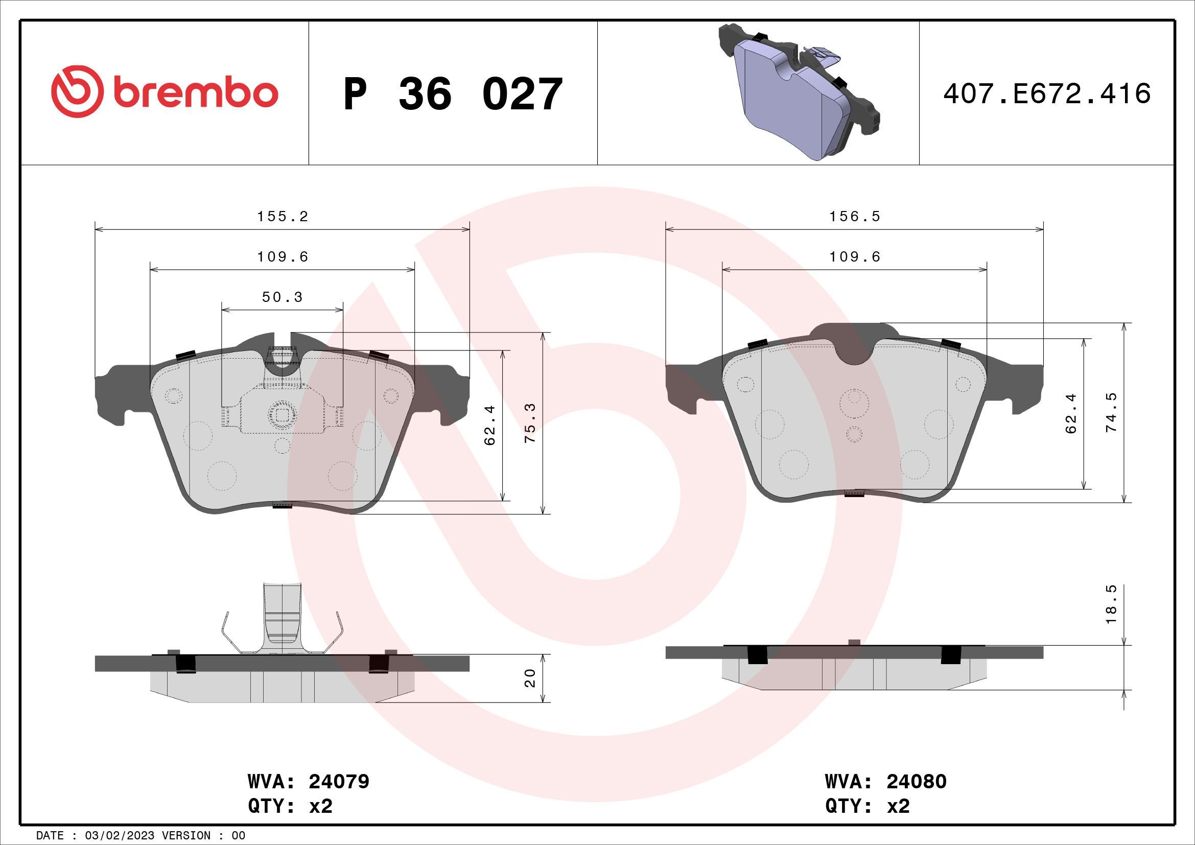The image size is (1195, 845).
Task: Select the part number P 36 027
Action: pyautogui.click(x=453, y=94)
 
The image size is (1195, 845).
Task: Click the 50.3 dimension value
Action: pyautogui.click(x=282, y=297)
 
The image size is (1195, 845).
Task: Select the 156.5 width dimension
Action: pyautogui.click(x=854, y=217)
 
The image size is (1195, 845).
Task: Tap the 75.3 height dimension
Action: pyautogui.click(x=531, y=423)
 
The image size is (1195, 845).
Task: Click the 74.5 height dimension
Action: pyautogui.click(x=1111, y=413)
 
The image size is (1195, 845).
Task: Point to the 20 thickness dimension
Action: pyautogui.click(x=530, y=678)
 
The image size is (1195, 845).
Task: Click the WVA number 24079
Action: pyautogui.click(x=339, y=781)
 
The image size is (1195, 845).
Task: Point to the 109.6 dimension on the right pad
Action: pyautogui.click(x=854, y=256)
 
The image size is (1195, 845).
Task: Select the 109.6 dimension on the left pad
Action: pyautogui.click(x=283, y=256)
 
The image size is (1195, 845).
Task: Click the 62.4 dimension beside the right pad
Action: pyautogui.click(x=1071, y=414)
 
